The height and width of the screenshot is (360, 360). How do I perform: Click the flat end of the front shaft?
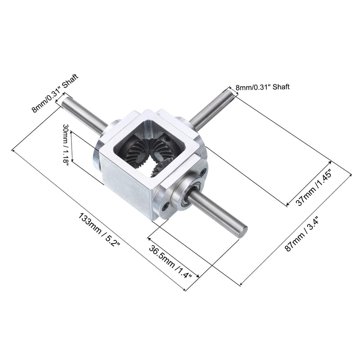[243, 231]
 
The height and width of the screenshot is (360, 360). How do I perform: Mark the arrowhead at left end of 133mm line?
[14, 150]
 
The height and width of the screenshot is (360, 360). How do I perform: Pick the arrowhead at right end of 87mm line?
[351, 174]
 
